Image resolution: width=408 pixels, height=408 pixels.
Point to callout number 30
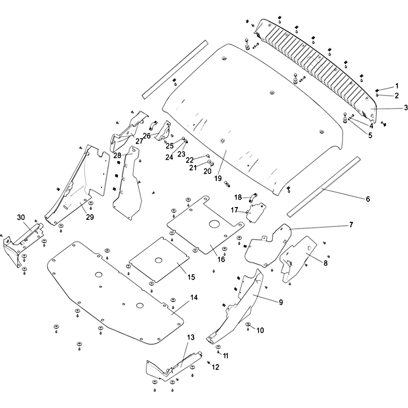point(20,217)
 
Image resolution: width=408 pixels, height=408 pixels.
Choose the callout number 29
point(90,217)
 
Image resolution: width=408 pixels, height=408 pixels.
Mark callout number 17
point(234,210)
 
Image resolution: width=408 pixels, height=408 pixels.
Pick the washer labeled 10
point(248,325)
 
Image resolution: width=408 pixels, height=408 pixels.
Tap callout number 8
point(325,263)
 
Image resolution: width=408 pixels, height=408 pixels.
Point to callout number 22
point(190,160)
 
